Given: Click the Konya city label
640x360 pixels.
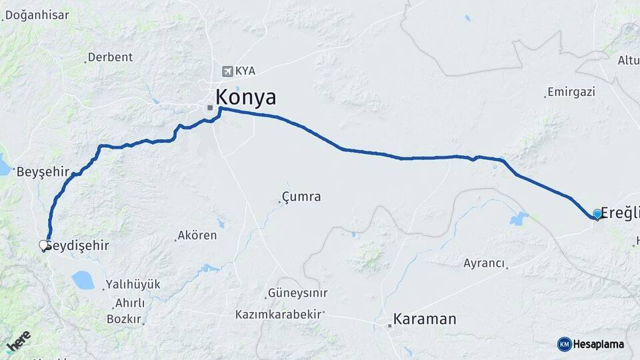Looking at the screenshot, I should click(245, 97).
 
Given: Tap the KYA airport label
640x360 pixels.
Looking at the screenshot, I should click(245, 71).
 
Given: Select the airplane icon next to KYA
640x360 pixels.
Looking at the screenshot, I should click(228, 71).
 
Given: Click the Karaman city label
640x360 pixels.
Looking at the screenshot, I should click(425, 319).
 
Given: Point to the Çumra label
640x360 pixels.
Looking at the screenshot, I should click(301, 197).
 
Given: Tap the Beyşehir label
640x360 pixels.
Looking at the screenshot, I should click(43, 172).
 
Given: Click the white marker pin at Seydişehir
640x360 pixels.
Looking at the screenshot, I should click(45, 246).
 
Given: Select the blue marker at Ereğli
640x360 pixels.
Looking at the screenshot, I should click(597, 214).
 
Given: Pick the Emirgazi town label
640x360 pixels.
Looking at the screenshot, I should click(571, 92).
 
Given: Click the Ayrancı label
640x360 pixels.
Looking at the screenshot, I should click(484, 263).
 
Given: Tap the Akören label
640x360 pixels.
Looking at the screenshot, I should click(197, 236).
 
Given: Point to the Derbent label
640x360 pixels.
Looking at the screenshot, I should click(110, 57).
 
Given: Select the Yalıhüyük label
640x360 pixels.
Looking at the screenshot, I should click(133, 285).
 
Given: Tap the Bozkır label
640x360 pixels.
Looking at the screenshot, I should click(123, 319).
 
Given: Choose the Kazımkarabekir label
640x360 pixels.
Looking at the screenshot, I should click(279, 314).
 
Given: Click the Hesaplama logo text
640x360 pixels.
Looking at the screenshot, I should click(599, 344).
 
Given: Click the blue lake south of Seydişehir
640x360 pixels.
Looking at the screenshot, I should click(83, 280).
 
